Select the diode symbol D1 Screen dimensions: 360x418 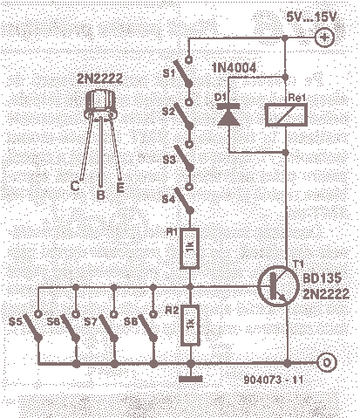229,114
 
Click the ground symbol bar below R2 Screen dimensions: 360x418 191,379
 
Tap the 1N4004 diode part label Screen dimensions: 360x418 234,68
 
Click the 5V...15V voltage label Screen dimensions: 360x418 311,17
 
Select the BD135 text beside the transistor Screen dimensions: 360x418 322,278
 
